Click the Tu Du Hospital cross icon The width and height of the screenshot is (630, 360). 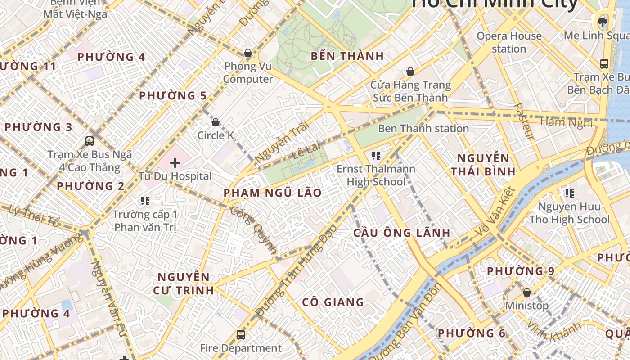[x=175, y=163]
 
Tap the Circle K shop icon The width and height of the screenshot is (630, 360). [x=216, y=122]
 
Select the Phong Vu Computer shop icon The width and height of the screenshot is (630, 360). [x=247, y=54]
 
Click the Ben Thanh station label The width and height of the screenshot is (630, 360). [x=423, y=129]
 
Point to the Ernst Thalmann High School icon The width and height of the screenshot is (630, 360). [x=376, y=156]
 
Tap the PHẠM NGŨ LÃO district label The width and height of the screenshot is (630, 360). [x=273, y=193]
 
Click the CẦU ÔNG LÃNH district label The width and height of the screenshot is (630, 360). [x=401, y=233]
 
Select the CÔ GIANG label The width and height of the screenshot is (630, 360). [x=333, y=302]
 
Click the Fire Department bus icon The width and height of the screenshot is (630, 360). [x=241, y=335]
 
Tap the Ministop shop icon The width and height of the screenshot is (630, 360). [x=526, y=293]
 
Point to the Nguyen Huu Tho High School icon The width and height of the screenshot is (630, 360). [x=569, y=193]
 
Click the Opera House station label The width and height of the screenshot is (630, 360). [x=509, y=42]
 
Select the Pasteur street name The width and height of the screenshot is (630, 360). [x=524, y=121]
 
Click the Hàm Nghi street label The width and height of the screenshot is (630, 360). [x=566, y=122]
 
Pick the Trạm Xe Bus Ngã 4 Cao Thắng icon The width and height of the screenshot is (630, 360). [x=90, y=141]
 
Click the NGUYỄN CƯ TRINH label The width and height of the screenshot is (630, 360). [x=184, y=283]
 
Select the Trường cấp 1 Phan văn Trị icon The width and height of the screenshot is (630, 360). [x=145, y=201]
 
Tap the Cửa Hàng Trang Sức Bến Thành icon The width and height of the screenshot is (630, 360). [x=410, y=72]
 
